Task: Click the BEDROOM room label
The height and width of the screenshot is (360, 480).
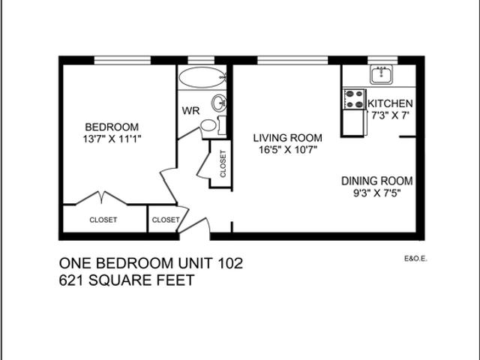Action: tap(111, 126)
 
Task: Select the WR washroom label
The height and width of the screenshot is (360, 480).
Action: tap(190, 111)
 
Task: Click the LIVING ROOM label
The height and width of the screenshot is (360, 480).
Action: tap(287, 137)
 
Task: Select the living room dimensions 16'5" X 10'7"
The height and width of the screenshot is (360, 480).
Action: tap(287, 149)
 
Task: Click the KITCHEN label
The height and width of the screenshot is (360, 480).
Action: tap(390, 103)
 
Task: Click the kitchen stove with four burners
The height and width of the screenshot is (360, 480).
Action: tap(354, 99)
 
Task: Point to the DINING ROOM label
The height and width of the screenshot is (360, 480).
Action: tap(377, 181)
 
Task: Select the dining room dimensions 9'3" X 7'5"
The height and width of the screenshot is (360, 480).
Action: tap(377, 193)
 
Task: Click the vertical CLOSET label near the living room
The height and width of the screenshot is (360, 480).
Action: tap(223, 164)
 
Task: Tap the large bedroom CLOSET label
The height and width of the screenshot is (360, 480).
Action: tap(103, 220)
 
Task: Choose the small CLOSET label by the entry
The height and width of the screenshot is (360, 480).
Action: tap(166, 220)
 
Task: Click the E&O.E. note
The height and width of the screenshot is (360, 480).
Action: tap(415, 262)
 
